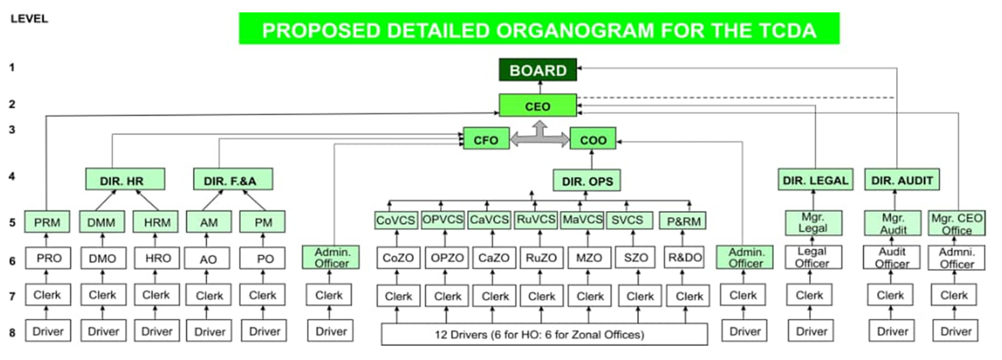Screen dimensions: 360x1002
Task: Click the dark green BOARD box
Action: point(538,70)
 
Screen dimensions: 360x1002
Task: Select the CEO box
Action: point(538,106)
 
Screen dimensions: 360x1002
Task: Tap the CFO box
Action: point(486,140)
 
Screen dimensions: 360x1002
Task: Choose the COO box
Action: point(593,140)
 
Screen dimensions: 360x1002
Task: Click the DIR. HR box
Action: point(125,180)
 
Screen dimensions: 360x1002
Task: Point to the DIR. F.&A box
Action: point(233,180)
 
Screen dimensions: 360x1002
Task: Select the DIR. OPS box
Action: point(587,181)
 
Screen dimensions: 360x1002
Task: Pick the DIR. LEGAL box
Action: point(815,180)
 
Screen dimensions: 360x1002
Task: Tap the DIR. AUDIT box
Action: point(902,180)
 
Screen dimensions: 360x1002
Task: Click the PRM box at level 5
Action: point(47,222)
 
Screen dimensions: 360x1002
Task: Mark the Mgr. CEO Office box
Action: point(956,224)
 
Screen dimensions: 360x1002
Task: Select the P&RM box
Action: point(683,221)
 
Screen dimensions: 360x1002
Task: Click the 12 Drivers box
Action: point(544,334)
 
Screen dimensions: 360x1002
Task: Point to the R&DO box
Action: point(684,258)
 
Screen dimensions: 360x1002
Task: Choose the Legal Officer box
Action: point(812,257)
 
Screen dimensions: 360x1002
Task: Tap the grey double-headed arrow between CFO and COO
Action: point(539,139)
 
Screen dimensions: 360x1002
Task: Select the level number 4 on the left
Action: point(12,176)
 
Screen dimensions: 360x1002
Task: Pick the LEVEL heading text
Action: point(30,19)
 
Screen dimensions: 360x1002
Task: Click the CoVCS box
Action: point(396,220)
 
